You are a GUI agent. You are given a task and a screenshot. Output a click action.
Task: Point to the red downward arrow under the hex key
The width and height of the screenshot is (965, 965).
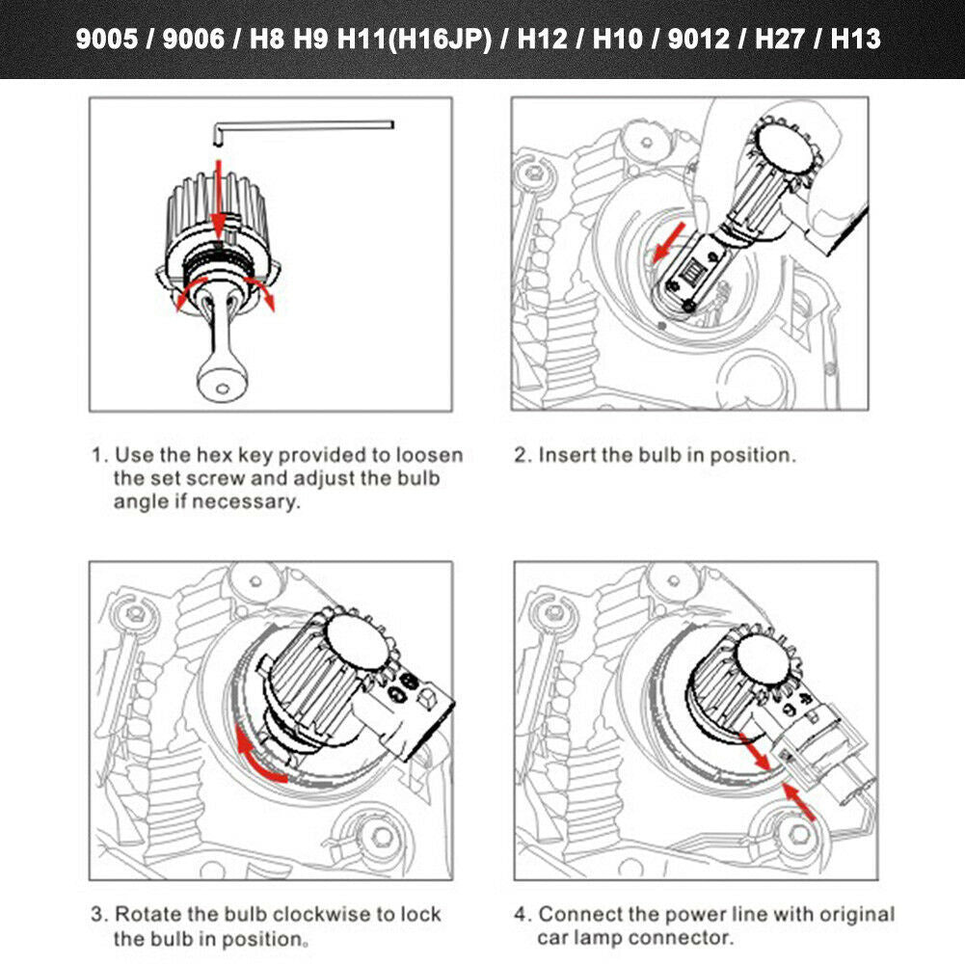(x=220, y=193)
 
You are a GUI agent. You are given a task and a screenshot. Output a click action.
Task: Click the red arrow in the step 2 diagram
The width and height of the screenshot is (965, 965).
(x=672, y=241)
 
